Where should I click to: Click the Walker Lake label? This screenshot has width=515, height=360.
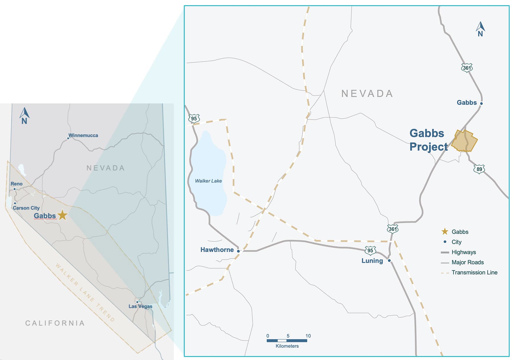tap(208, 181)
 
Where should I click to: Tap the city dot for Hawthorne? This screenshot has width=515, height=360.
tap(238, 251)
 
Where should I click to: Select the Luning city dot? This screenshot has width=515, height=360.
tap(389, 261)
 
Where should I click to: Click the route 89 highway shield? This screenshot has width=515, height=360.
tap(479, 169)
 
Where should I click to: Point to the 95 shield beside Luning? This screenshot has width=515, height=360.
tap(370, 251)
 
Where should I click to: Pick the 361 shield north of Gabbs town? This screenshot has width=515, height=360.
tap(467, 68)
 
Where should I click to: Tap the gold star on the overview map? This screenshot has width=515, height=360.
tap(62, 215)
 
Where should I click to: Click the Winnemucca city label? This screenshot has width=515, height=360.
tap(83, 135)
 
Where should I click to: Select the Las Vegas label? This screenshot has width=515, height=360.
tap(140, 306)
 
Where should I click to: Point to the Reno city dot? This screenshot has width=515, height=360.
tap(15, 189)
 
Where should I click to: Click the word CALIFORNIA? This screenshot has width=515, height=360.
tap(55, 323)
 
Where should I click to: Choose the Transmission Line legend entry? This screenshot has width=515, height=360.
tap(474, 273)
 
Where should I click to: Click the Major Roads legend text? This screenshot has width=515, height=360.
tap(468, 262)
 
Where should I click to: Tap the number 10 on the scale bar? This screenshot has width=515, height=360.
tap(308, 336)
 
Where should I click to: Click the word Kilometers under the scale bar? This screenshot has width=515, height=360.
tap(287, 346)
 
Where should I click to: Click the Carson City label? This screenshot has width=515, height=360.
tap(26, 208)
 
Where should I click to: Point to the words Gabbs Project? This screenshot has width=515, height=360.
tap(428, 140)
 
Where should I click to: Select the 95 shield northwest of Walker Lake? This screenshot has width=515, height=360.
tap(194, 119)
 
